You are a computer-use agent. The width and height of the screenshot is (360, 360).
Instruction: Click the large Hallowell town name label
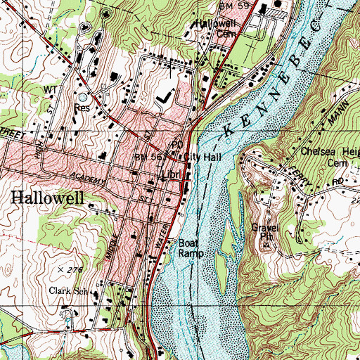point(47,198)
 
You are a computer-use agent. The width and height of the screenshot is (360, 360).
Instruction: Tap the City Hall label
point(204,157)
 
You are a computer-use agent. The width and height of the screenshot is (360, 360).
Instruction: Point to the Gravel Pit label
point(266,232)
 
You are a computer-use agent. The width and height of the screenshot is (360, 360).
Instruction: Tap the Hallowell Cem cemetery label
point(213,27)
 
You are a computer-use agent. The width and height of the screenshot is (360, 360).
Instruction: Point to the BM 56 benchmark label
point(146,157)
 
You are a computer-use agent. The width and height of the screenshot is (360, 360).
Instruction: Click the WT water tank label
point(50,91)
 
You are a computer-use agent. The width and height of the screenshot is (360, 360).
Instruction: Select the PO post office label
point(187,139)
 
